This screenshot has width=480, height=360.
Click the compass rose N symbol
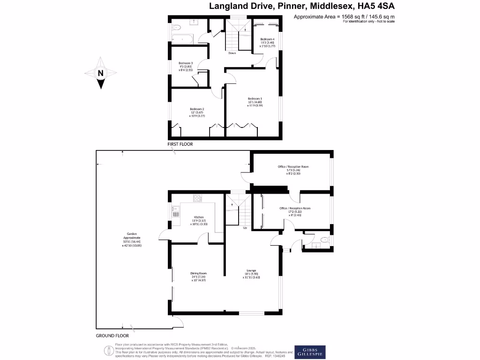coord(100,73)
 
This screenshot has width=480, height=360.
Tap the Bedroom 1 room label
coord(255,102)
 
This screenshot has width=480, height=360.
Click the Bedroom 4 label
coord(267,42)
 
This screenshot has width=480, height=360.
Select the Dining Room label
coord(199,277)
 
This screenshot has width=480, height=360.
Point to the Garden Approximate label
coord(131,239)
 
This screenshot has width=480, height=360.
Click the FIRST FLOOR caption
coord(180,144)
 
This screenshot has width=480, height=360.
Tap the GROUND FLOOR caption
coord(112,336)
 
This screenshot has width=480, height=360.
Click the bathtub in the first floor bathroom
coord(180,38)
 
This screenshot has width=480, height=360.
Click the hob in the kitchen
coord(197,198)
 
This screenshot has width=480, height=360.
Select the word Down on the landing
coord(232,53)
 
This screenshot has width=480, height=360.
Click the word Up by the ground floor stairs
coord(245,228)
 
